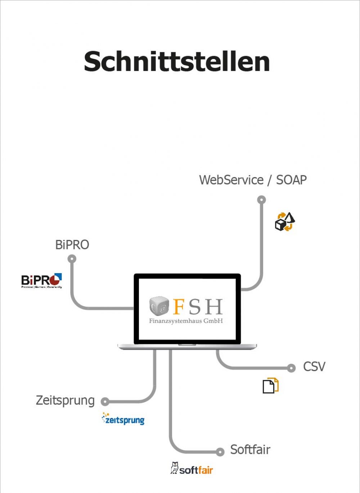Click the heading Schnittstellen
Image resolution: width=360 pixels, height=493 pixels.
click(x=177, y=62)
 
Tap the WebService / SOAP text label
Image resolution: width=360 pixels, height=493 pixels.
click(x=253, y=180)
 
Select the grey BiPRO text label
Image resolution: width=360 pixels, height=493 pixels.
click(x=72, y=245)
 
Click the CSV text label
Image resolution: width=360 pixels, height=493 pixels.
click(x=314, y=367)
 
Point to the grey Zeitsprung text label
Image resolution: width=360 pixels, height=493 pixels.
click(x=65, y=401)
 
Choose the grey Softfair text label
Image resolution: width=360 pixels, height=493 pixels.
click(x=250, y=450)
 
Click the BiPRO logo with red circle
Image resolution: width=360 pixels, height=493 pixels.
click(x=41, y=281)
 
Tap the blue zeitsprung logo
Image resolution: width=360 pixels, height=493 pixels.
click(x=123, y=419)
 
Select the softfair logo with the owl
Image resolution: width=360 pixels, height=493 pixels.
click(x=192, y=469)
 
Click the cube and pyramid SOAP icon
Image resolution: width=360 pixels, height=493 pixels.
click(x=285, y=222)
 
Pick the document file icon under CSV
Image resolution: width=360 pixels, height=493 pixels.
click(x=270, y=386)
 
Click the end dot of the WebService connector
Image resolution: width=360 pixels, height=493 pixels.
click(x=262, y=200)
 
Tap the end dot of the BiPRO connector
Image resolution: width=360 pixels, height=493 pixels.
click(x=72, y=259)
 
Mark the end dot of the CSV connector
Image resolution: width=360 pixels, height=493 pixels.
click(x=291, y=368)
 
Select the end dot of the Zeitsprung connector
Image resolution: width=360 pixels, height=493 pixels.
click(x=105, y=401)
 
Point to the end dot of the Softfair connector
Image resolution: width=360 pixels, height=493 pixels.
click(x=220, y=452)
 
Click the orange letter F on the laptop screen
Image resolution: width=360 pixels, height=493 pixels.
click(x=179, y=307)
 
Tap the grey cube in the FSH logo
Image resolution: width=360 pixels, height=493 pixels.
click(x=159, y=306)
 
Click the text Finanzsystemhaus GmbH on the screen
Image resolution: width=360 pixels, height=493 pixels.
click(x=186, y=321)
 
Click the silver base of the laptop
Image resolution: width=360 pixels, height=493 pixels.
click(x=187, y=347)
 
